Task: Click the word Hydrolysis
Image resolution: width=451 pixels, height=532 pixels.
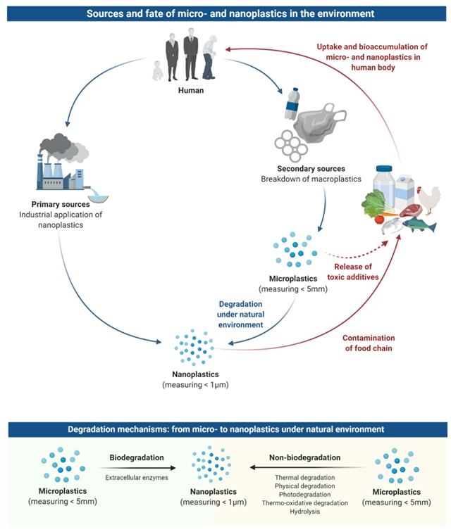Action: point(304,512)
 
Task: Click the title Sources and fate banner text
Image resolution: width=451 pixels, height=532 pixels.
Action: point(225,13)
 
